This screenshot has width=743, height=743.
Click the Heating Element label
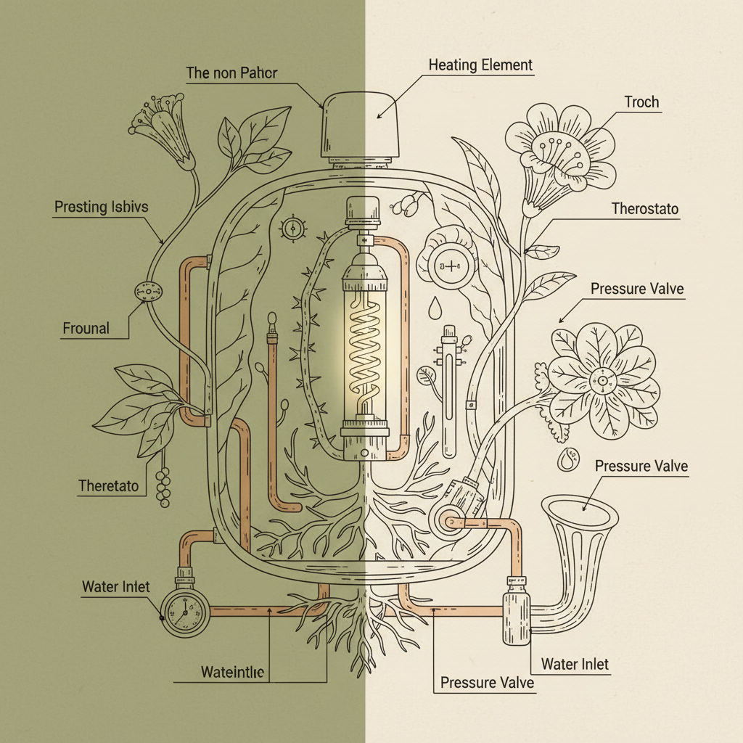480,65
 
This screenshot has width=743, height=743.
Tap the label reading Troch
641,102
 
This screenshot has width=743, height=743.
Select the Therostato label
645,210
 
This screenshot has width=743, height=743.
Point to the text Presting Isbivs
101,208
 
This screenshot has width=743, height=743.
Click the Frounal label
86,329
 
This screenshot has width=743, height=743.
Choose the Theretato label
108,486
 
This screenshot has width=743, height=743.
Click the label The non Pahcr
231,73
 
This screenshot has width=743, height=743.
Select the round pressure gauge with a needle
184,613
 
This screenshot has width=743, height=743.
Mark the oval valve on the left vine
149,291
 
